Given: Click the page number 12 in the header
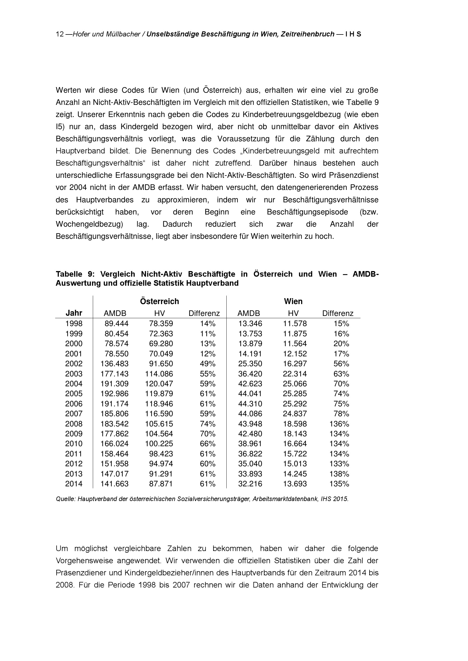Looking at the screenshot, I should [60, 34].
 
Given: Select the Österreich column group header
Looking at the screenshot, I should [159, 301].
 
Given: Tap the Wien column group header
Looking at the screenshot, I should [293, 301].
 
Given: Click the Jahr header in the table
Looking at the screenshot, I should [74, 313].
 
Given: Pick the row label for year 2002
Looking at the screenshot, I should [74, 364].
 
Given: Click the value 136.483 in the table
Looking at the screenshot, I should [114, 364].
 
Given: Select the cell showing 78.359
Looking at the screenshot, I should [161, 324].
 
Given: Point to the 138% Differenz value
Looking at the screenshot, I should [339, 474].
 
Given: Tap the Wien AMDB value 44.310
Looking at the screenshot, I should [250, 404].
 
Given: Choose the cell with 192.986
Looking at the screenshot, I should [114, 394].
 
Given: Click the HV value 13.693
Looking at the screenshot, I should [295, 484].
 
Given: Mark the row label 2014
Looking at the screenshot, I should [74, 484].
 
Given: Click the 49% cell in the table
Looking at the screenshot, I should [207, 364].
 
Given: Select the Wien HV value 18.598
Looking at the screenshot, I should [295, 424].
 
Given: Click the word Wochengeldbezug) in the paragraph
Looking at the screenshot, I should [89, 224].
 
